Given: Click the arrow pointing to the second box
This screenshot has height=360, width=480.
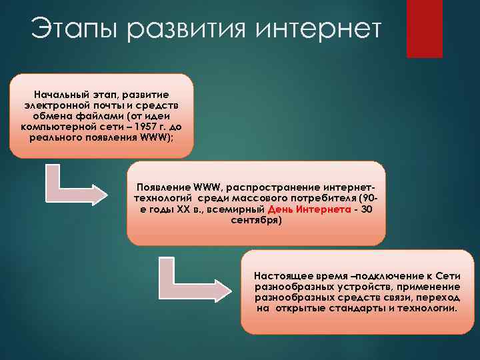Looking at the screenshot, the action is click(73, 189).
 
